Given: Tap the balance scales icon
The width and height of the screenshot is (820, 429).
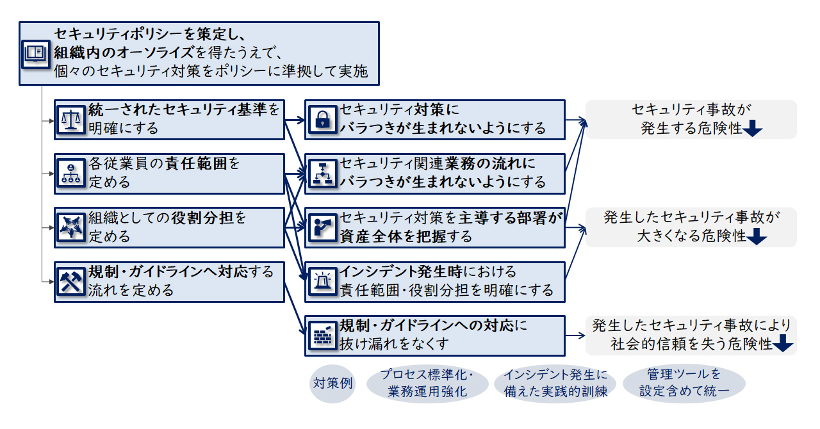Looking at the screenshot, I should click(x=70, y=119).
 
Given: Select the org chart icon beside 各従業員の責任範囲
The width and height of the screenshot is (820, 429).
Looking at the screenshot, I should click(x=70, y=173).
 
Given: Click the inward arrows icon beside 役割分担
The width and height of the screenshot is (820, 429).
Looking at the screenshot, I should click(x=70, y=227).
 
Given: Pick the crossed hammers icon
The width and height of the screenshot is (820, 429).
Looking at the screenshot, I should click(x=70, y=280).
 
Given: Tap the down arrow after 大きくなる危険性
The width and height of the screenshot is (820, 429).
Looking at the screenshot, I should click(x=757, y=236).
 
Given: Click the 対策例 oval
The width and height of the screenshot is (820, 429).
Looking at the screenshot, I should click(x=332, y=384).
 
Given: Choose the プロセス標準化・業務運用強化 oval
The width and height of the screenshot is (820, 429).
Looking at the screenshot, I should click(x=427, y=384).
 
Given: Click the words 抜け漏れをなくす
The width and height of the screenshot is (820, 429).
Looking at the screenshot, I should click(x=395, y=343).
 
